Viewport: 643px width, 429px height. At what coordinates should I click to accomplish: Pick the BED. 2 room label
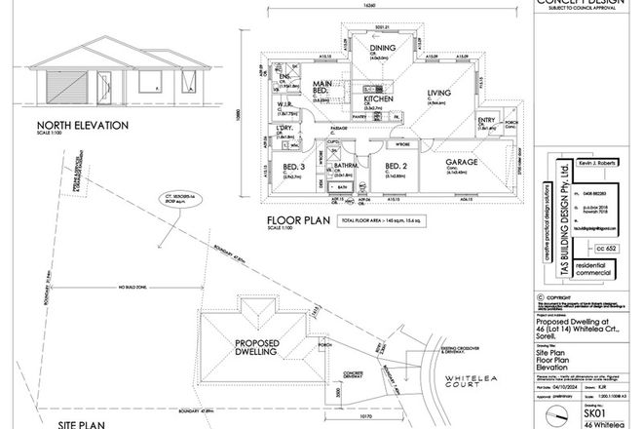[396, 167]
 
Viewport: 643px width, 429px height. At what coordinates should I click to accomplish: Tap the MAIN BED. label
[324, 91]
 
